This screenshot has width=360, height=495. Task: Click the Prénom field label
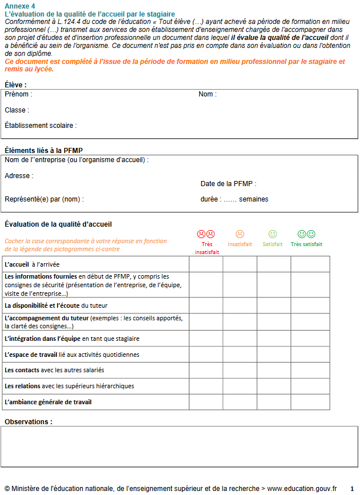pyautogui.click(x=18, y=94)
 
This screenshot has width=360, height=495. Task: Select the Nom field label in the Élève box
pyautogui.click(x=207, y=94)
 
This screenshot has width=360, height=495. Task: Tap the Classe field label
pyautogui.click(x=17, y=110)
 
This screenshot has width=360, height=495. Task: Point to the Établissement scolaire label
pyautogui.click(x=40, y=126)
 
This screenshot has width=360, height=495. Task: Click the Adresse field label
pyautogui.click(x=19, y=176)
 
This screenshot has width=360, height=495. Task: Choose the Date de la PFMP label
pyautogui.click(x=228, y=184)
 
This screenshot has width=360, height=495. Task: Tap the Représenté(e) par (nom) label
pyautogui.click(x=44, y=199)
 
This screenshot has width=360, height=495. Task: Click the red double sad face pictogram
pyautogui.click(x=206, y=234)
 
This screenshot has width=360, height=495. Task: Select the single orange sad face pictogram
pyautogui.click(x=240, y=234)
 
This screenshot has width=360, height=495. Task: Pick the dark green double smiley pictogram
pyautogui.click(x=306, y=234)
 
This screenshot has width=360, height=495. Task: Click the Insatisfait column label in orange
pyautogui.click(x=240, y=244)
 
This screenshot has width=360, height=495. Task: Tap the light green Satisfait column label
pyautogui.click(x=273, y=244)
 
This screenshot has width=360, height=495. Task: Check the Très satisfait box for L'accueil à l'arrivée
pyautogui.click(x=310, y=264)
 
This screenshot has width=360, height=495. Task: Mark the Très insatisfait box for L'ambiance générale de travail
pyautogui.click(x=206, y=402)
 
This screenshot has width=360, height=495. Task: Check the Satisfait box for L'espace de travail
pyautogui.click(x=274, y=355)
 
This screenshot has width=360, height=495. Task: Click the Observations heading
pyautogui.click(x=29, y=422)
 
